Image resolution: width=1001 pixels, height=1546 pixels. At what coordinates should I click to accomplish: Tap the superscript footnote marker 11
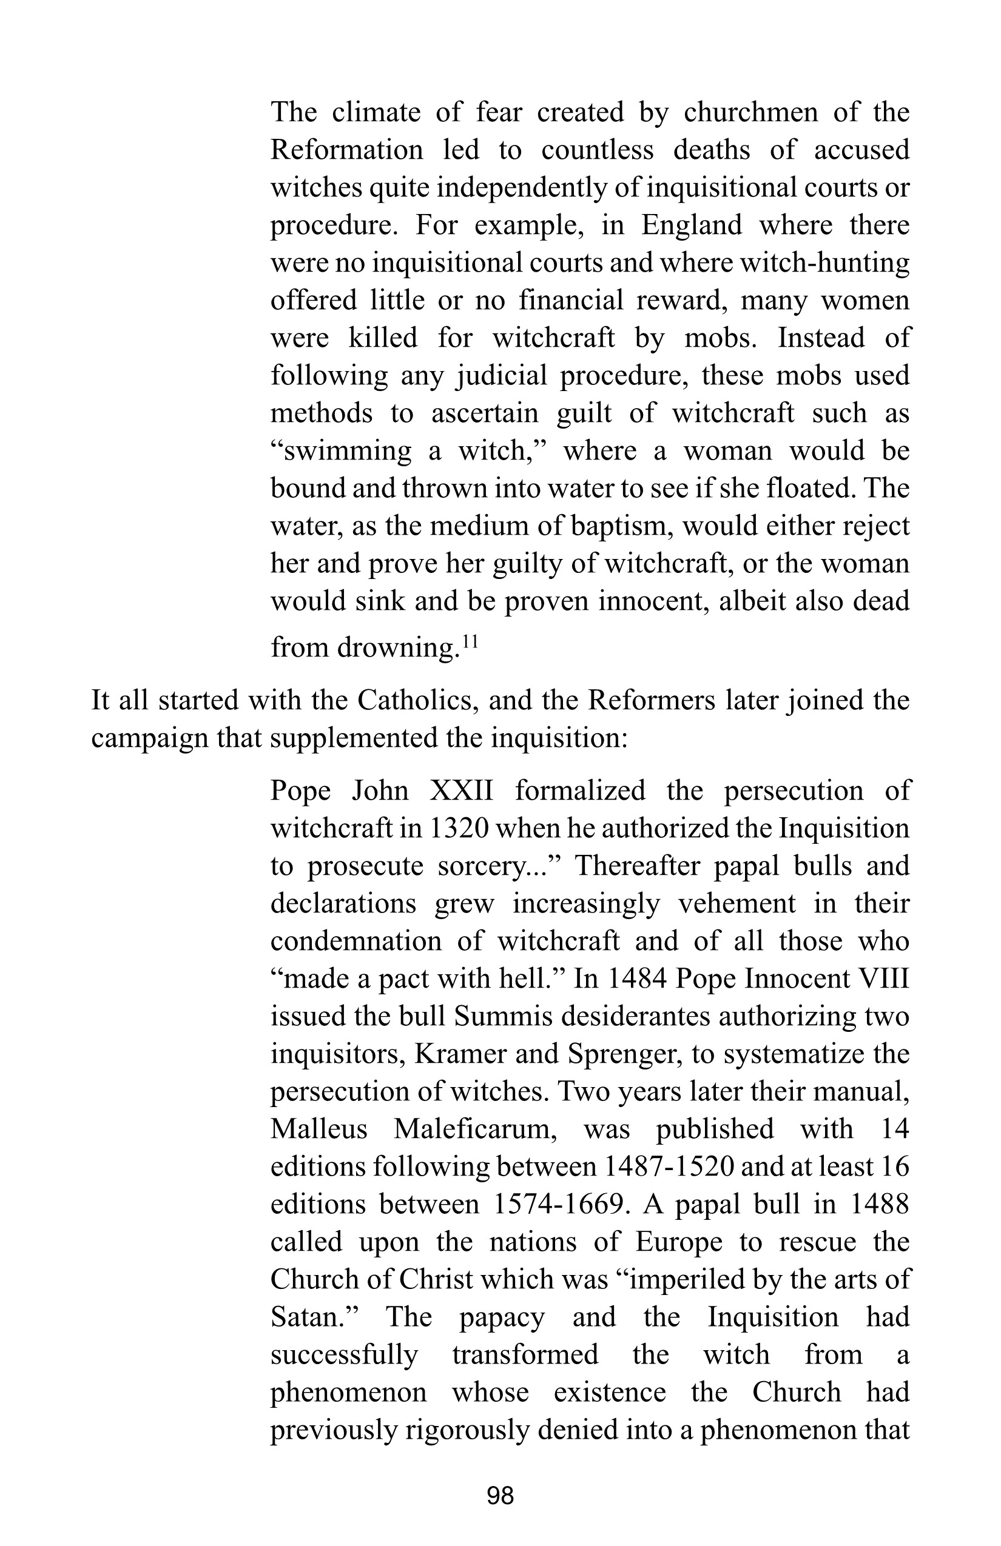[470, 642]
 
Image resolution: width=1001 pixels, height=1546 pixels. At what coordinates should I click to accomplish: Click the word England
[691, 226]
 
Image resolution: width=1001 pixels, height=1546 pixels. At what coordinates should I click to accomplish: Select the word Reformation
[346, 150]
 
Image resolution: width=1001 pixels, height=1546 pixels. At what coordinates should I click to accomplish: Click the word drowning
[398, 648]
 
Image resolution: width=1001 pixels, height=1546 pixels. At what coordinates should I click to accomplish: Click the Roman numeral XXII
[462, 791]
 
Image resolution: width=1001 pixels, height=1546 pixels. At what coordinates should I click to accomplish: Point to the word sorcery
[484, 866]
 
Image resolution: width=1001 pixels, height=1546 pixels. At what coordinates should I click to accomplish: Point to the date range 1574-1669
[559, 1204]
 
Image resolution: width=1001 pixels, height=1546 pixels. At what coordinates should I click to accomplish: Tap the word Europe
[679, 1242]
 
